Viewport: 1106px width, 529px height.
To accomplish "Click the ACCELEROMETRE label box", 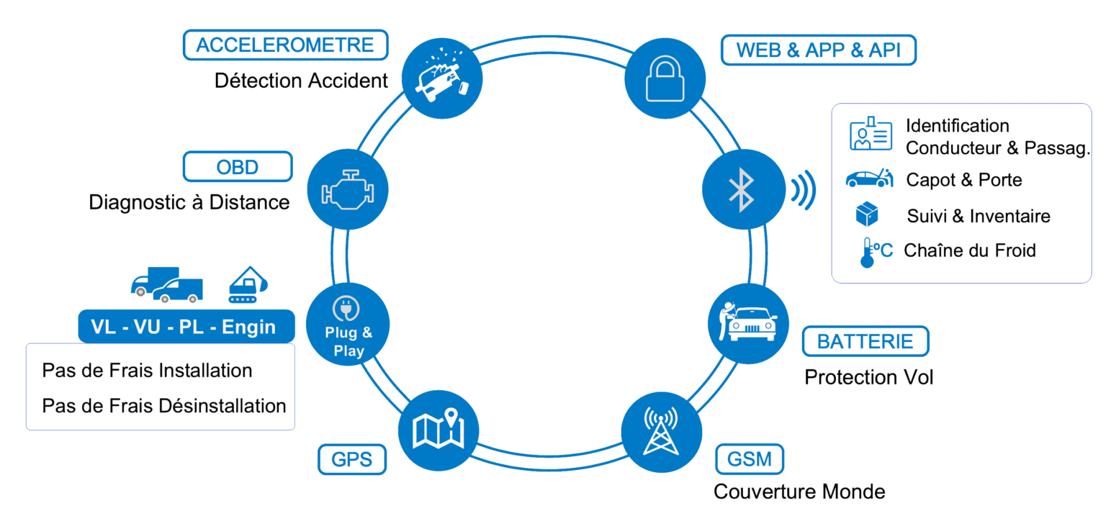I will point(285,45).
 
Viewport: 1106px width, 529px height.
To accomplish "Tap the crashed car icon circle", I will point(441,78).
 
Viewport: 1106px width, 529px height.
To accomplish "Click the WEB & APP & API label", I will point(819,50).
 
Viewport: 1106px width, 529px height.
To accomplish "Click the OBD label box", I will point(238,167).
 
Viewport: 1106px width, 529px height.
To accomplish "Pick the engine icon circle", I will point(348,189).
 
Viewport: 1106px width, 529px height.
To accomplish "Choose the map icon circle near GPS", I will point(439,430).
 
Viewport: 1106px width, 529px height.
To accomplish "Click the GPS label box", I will point(352,459).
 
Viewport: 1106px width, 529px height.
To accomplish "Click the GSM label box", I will point(750,458).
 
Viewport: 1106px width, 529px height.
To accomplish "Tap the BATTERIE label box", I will point(866,340).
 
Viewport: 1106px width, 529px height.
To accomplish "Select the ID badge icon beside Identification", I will point(871,135).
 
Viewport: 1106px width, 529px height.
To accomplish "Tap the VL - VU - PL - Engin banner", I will point(186,327).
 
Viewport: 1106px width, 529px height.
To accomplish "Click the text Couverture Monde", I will point(799,492).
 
